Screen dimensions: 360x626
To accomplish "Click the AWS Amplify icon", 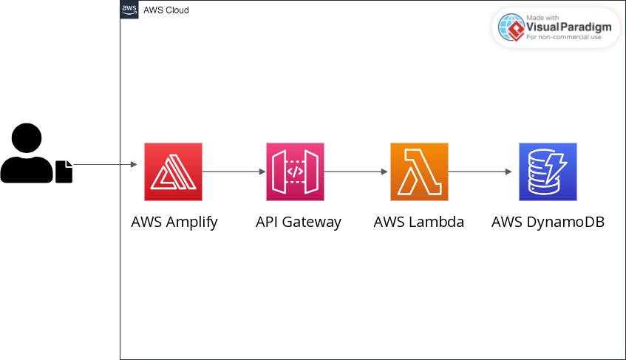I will tap(173, 171).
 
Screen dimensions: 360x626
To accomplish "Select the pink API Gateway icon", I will tap(295, 171).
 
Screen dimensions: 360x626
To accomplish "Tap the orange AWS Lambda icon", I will tap(419, 171).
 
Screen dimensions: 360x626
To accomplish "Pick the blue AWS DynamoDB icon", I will tap(548, 171).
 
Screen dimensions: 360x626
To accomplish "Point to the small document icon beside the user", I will tap(64, 171).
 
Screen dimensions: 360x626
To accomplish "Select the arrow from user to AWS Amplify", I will tap(107, 164).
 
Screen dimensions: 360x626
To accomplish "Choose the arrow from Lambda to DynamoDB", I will tap(480, 171).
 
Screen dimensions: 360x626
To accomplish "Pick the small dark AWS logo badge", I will tap(129, 10).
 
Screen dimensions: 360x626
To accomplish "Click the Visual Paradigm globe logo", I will tap(511, 27).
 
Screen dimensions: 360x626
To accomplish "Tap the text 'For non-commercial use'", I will tap(563, 36).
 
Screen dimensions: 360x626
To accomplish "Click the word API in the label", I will tap(268, 222).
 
